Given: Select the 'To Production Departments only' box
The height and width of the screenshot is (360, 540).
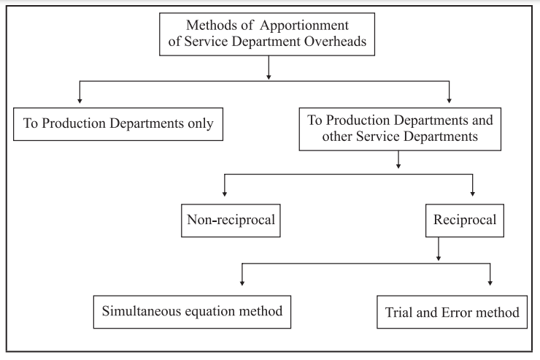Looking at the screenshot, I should tap(118, 123).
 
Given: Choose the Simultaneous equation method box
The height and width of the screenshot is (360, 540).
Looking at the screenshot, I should tap(191, 313).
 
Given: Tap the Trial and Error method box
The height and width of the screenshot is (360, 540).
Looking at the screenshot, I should tap(452, 313).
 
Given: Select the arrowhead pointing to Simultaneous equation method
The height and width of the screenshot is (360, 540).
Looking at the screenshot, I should tap(242, 283).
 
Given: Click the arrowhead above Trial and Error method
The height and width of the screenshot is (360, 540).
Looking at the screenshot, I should tap(490, 283).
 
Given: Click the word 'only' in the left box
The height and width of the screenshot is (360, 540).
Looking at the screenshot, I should tap(198, 123).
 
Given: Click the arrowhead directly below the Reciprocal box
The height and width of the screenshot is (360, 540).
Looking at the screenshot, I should tap(439, 257).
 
